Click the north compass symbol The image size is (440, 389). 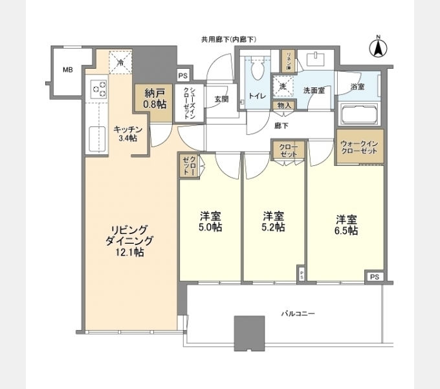click(x=379, y=47)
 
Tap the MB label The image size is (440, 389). click(x=67, y=70)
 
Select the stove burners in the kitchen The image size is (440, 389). click(x=98, y=87)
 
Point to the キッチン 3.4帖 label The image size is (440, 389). click(x=125, y=133)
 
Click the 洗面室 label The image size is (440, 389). click(x=315, y=90)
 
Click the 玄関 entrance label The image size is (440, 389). click(x=222, y=99)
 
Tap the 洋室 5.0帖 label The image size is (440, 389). click(x=210, y=222)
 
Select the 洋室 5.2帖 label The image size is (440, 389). click(x=273, y=222)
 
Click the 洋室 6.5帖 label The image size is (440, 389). click(x=346, y=225)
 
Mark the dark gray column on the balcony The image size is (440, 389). click(x=249, y=333)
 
